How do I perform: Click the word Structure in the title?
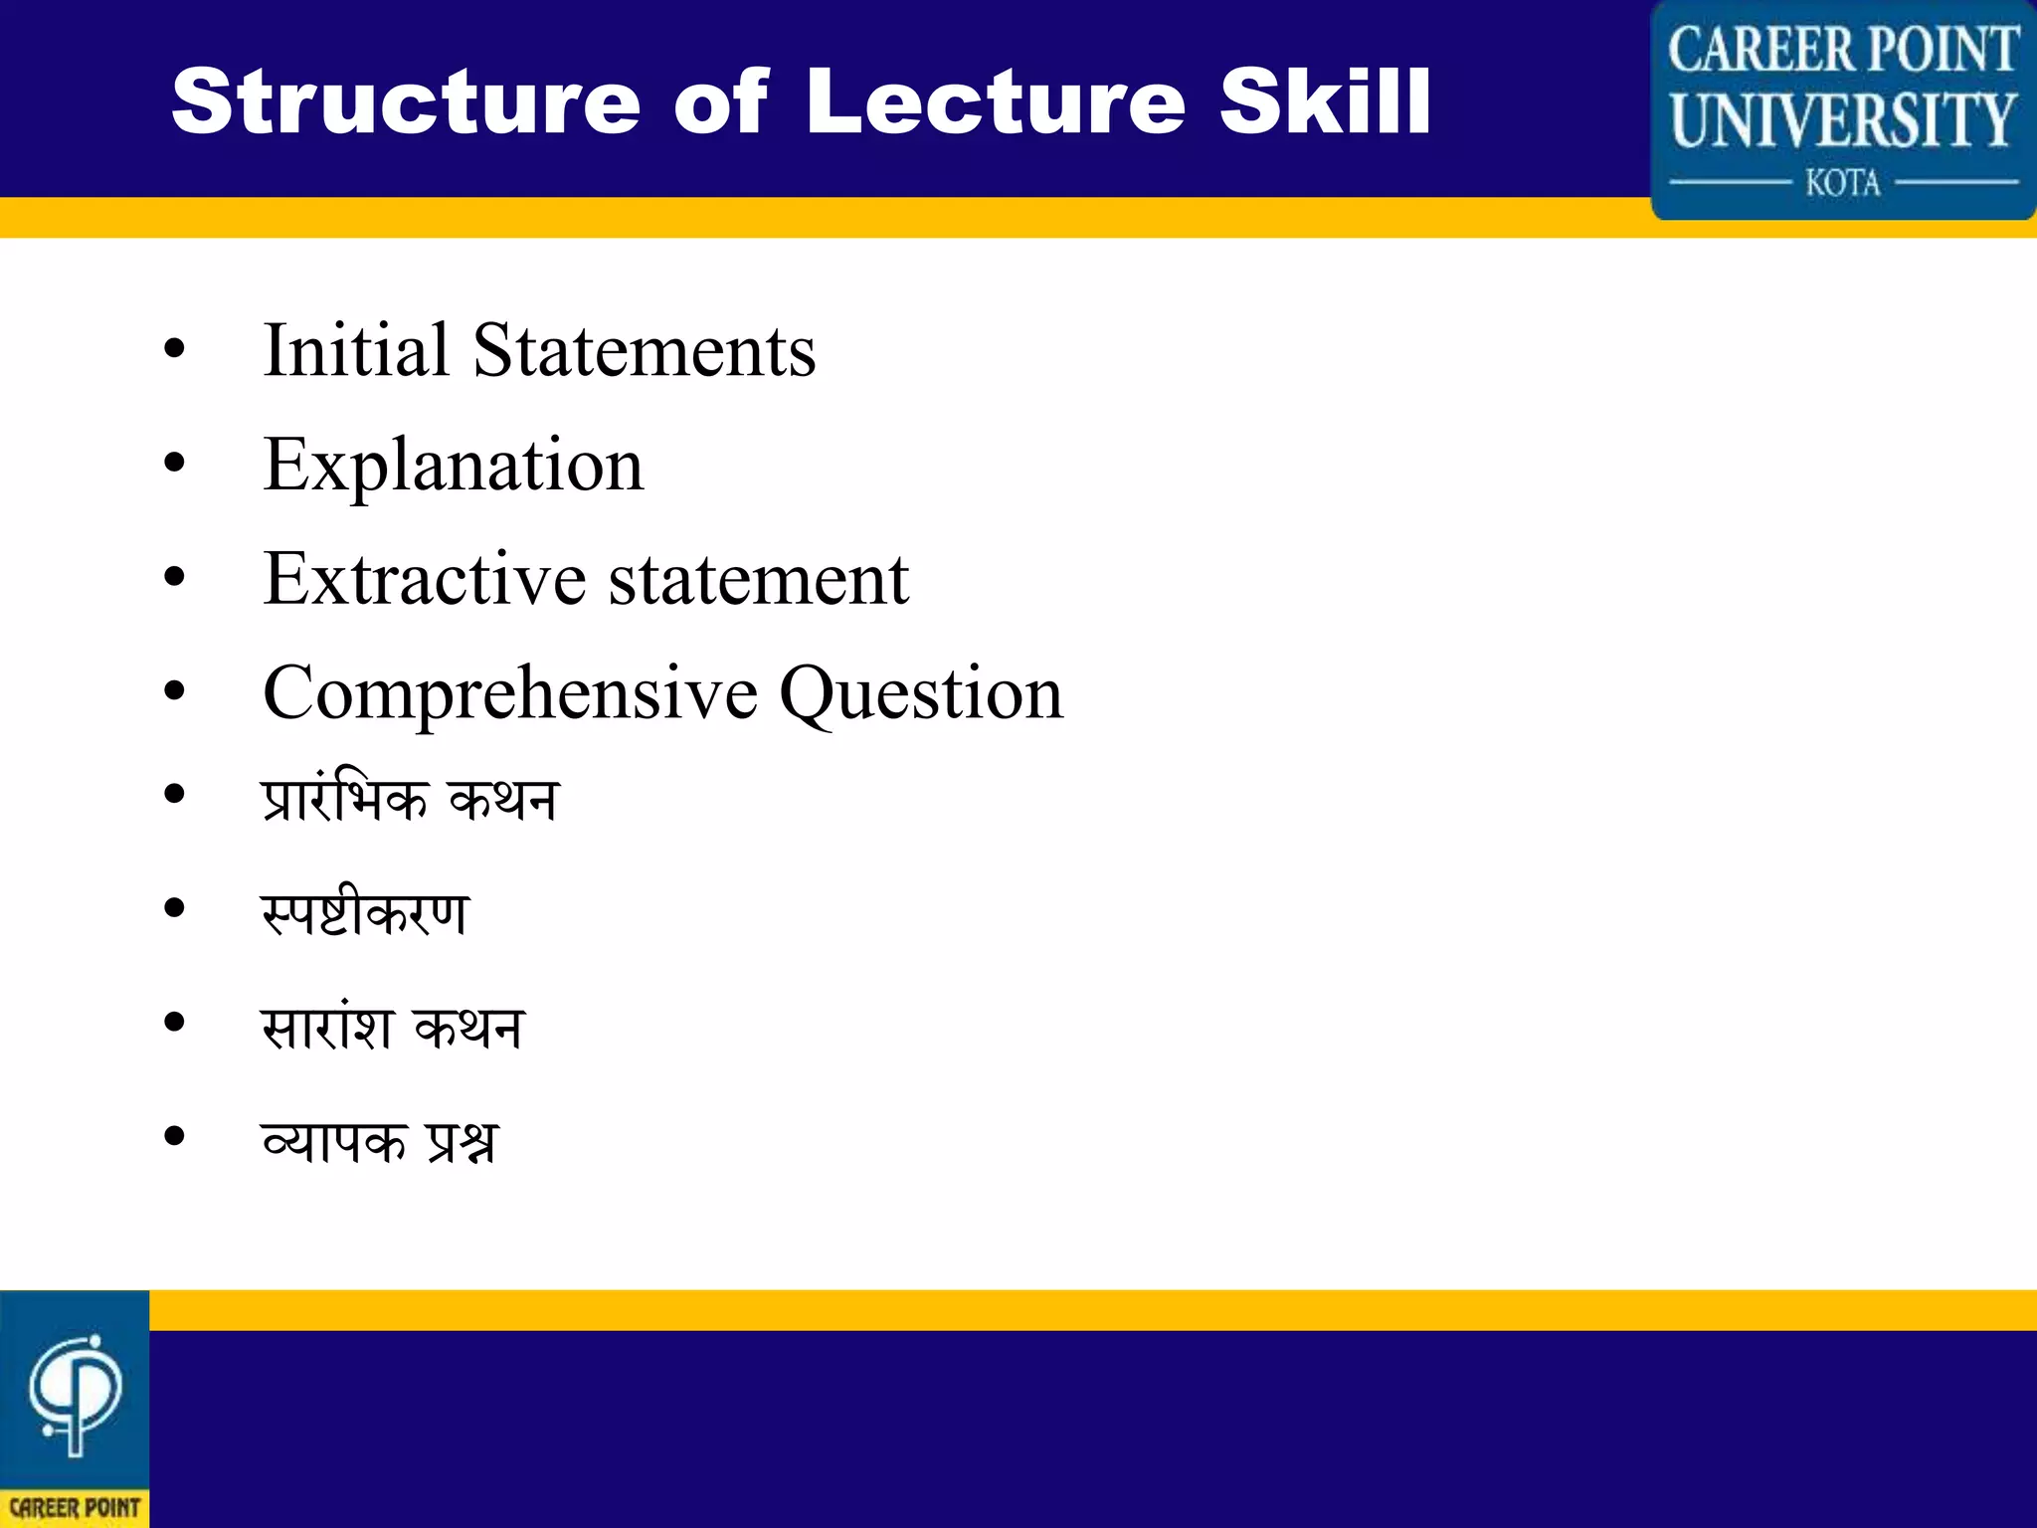[x=406, y=101]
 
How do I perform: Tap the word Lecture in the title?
[x=995, y=101]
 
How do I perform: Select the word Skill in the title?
[x=1324, y=101]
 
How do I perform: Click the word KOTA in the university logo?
[x=1843, y=183]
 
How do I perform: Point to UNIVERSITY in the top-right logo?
[x=1843, y=120]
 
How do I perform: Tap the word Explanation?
[x=454, y=466]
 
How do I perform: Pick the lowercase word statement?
[x=759, y=579]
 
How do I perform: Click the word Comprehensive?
[x=510, y=693]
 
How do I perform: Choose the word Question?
[x=921, y=693]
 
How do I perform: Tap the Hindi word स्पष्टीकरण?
[x=364, y=911]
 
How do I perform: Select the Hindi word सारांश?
[x=327, y=1026]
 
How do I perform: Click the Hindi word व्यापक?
[x=334, y=1140]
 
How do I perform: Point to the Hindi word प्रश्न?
[x=461, y=1140]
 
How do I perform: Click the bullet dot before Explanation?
[x=175, y=463]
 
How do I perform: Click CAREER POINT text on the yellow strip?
[x=75, y=1508]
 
